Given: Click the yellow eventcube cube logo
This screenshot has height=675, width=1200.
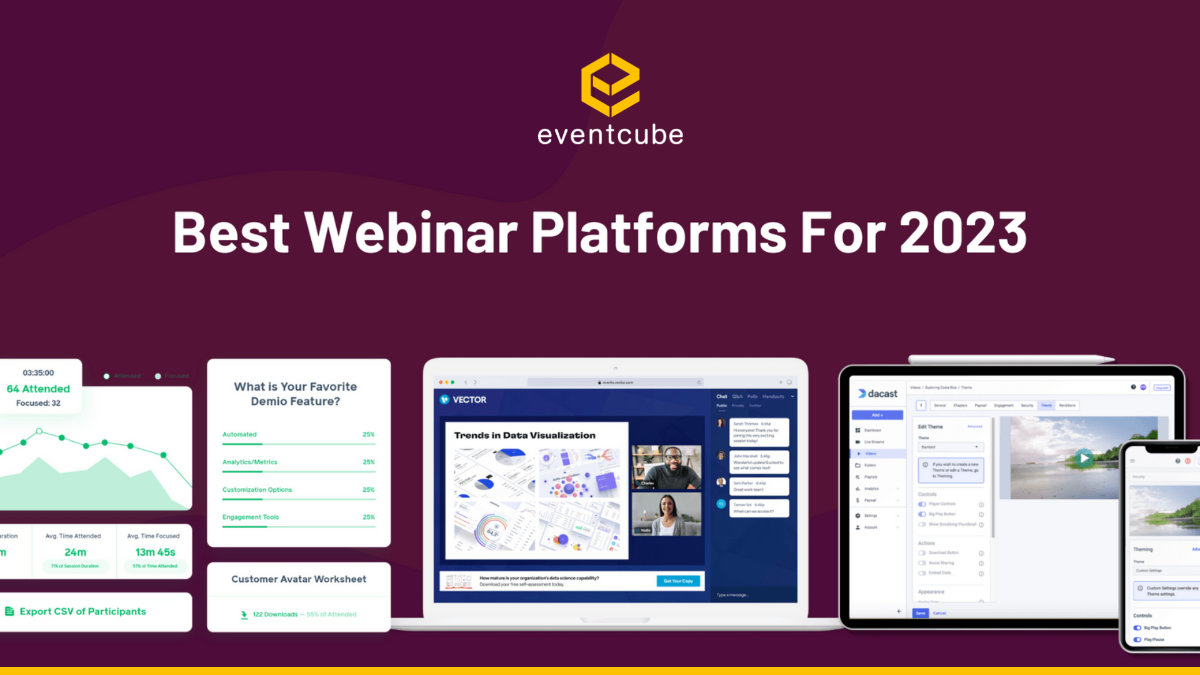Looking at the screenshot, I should (x=610, y=84).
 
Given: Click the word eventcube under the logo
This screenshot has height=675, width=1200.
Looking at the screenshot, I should (x=610, y=135).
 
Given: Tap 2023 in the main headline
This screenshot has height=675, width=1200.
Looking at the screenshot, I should (x=962, y=232).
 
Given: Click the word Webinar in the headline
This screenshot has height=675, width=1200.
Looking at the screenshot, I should (x=411, y=232).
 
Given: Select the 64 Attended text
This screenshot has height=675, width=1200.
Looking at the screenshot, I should (x=38, y=389).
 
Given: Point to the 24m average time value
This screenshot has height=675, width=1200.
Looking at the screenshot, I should (x=75, y=552).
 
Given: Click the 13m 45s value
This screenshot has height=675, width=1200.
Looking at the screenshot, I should (x=155, y=552).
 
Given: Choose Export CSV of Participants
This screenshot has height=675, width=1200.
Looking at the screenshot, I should (x=82, y=611).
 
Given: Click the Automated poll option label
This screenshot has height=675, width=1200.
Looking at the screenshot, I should (x=239, y=434).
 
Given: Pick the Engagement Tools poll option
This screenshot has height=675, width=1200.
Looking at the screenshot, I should (x=251, y=517).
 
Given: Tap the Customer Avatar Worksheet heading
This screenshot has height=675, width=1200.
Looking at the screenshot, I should (x=299, y=579).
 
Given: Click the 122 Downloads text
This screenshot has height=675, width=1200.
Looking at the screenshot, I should (x=275, y=614).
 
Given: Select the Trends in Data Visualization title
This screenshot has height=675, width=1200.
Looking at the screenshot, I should (x=524, y=436).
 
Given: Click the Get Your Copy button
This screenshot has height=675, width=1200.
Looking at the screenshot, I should (x=678, y=581).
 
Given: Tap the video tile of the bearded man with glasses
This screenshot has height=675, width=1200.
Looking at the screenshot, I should (x=666, y=466).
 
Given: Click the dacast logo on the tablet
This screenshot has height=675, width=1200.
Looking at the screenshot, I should (x=877, y=394).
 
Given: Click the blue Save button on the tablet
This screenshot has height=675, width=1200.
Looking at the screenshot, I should (x=920, y=613).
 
